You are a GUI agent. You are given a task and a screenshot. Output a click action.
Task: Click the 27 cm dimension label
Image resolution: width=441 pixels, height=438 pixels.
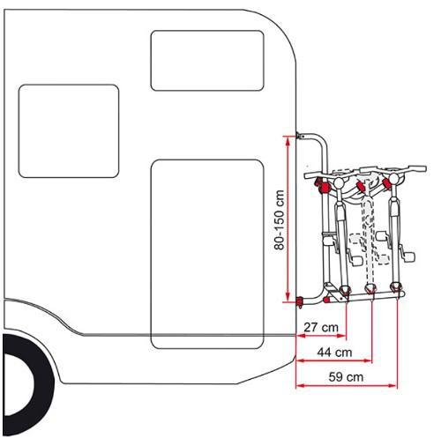coord(321,327)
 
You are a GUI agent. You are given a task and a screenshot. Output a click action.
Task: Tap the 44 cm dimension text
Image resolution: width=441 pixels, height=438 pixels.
coord(334,352)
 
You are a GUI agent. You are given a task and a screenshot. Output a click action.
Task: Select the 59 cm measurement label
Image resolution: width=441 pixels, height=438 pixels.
coord(346,377)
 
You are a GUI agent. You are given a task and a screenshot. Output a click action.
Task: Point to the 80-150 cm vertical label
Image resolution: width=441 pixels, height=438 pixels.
coord(279,220)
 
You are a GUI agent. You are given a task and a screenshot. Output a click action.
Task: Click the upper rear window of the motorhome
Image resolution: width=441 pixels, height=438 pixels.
coord(207,61)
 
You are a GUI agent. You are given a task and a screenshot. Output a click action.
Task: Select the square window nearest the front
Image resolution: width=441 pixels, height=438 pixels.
coord(69,131)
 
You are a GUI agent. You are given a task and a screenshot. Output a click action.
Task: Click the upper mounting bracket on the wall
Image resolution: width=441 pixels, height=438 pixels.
coord(301,136)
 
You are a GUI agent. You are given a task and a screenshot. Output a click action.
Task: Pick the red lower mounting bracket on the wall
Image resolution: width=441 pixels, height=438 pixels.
coord(300,302)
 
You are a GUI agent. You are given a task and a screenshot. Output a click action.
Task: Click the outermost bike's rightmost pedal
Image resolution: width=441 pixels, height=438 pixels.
coord(410,256)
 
